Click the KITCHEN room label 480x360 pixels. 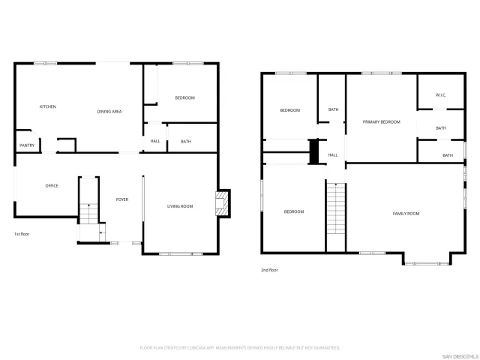[x=48, y=106]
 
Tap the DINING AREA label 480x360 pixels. [x=109, y=112]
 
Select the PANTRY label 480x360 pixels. [x=27, y=145]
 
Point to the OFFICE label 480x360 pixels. [x=52, y=186]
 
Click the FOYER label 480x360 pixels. [x=121, y=199]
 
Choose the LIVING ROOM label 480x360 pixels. [x=180, y=206]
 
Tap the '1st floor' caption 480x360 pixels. [x=22, y=234]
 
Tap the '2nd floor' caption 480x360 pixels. [x=269, y=270]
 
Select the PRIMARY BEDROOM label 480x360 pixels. [x=381, y=122]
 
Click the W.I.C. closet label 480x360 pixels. [x=441, y=95]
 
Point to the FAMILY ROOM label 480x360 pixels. [x=406, y=214]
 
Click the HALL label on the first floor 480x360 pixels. [x=155, y=141]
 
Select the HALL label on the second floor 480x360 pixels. [x=333, y=155]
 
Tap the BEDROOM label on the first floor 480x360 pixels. [x=184, y=98]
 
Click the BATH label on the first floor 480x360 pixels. [x=185, y=141]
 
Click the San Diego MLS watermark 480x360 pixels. [x=458, y=355]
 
